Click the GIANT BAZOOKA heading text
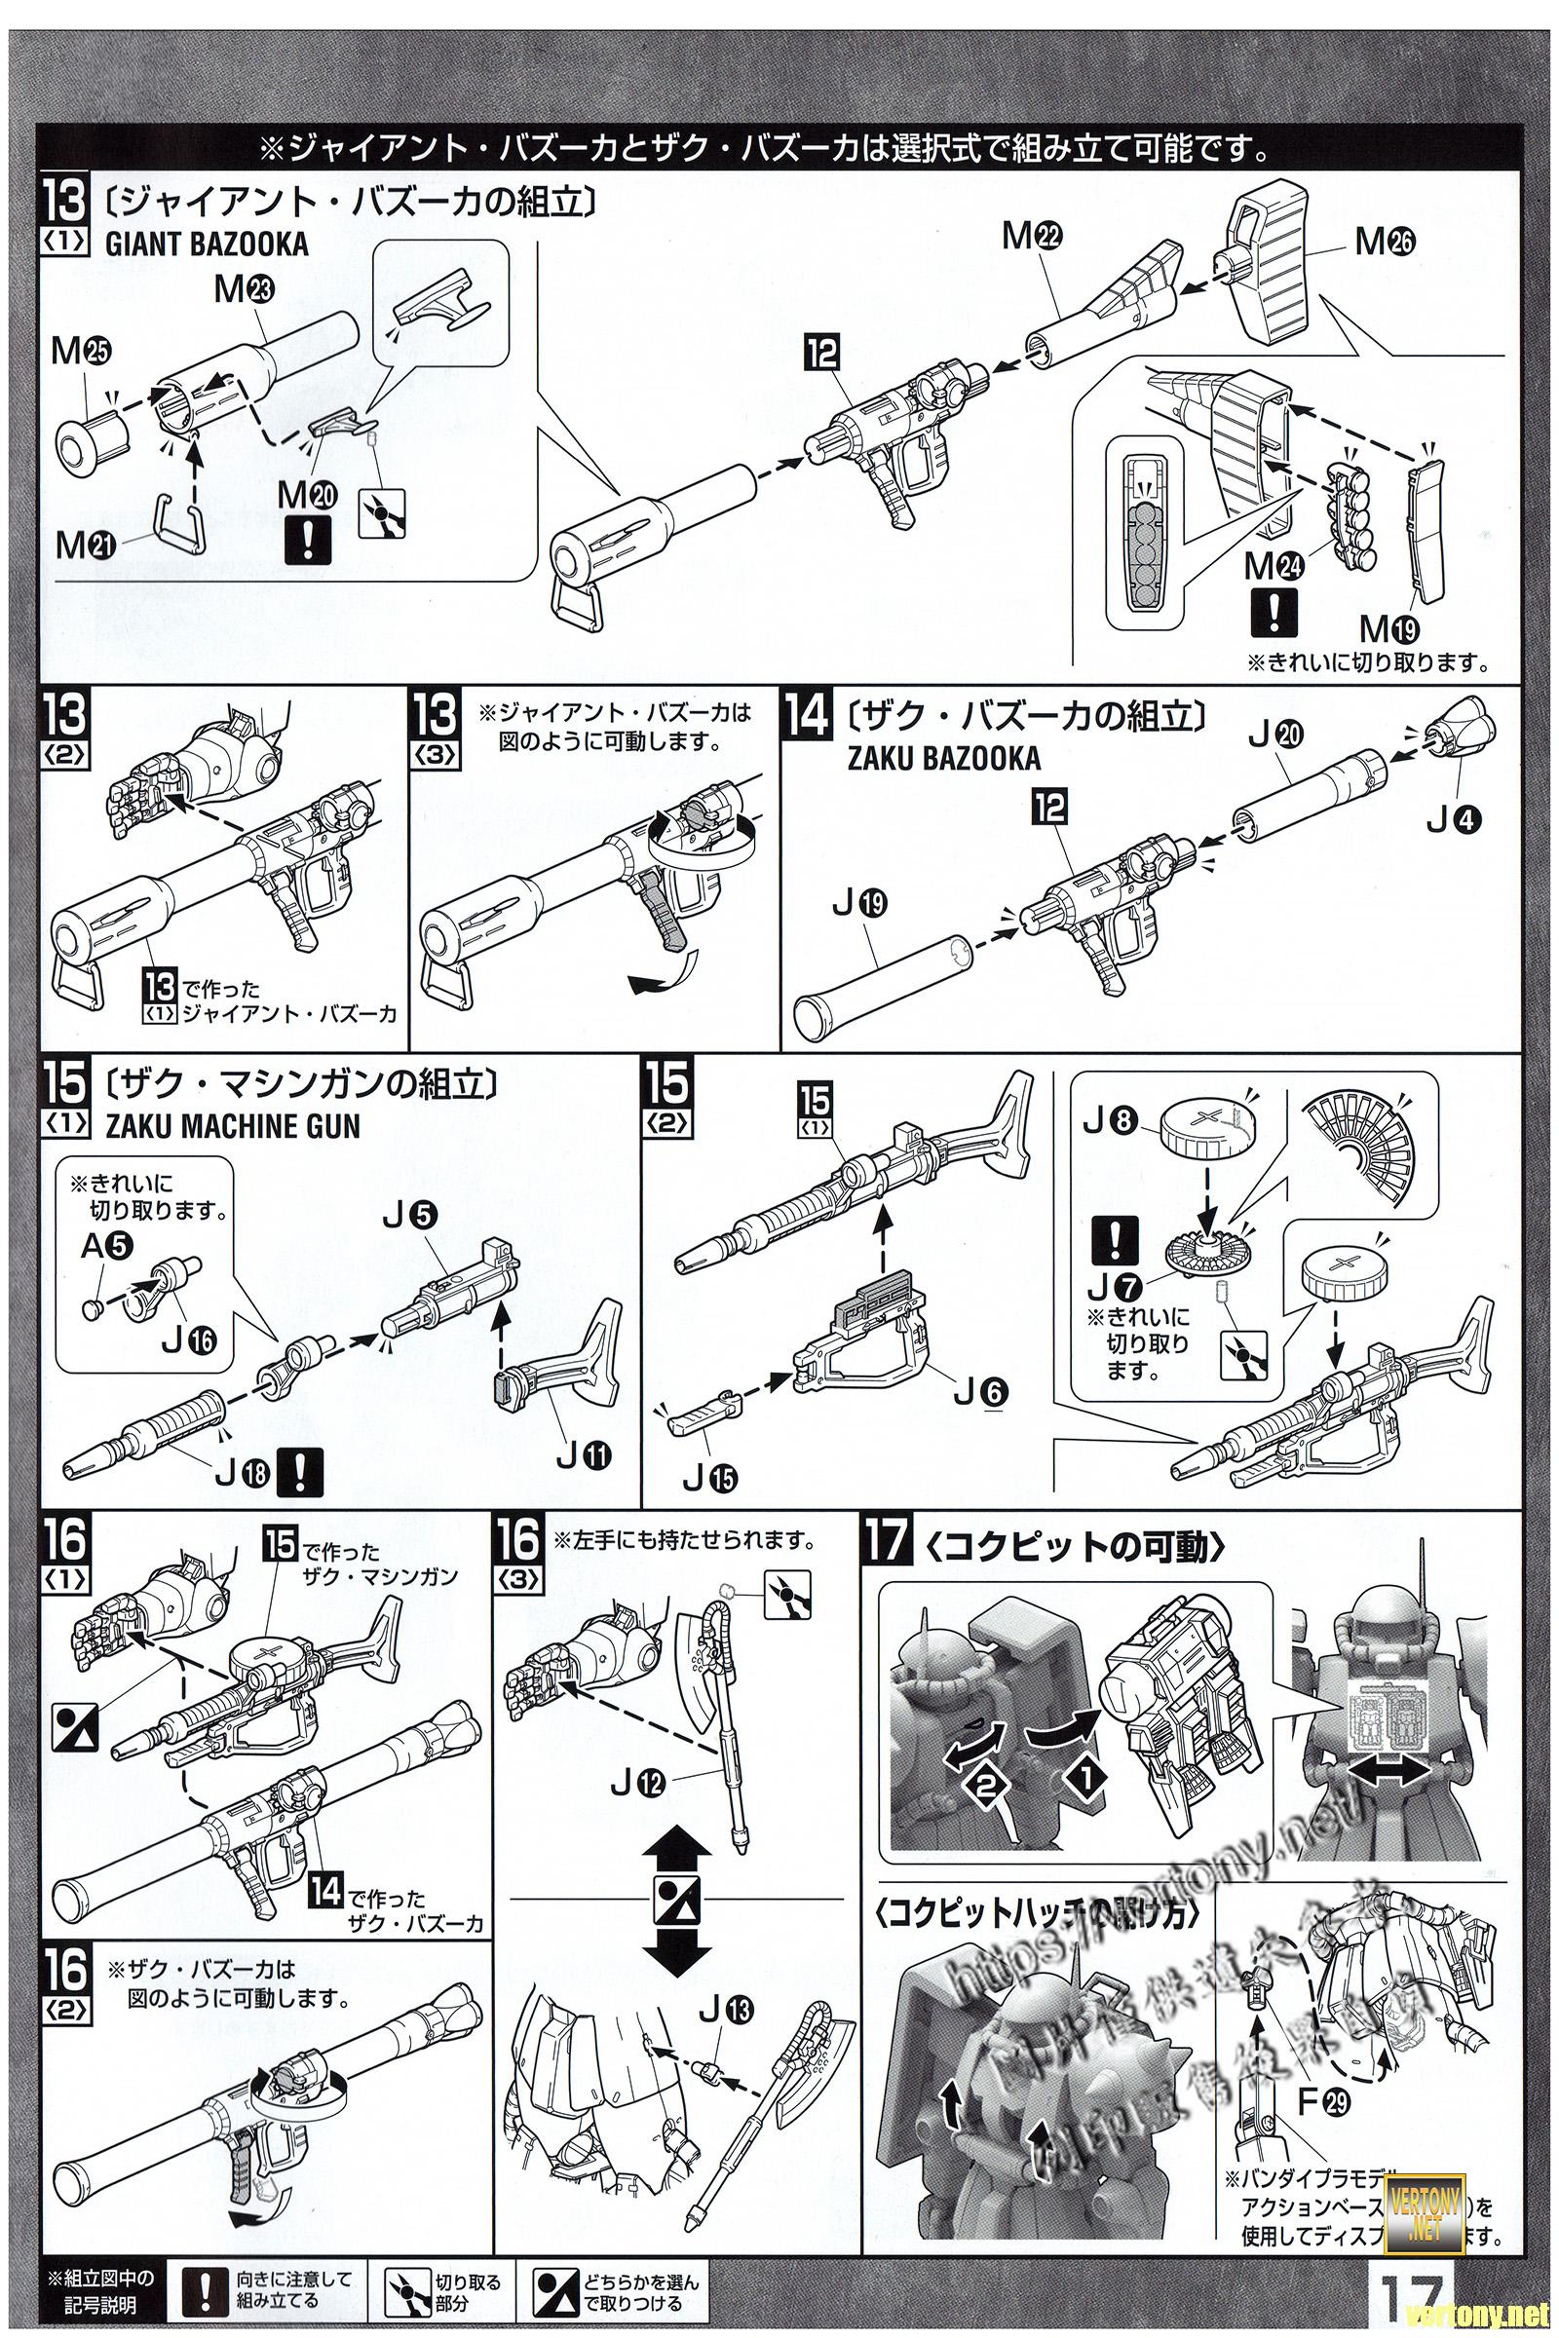[206, 245]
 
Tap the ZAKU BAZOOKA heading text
[943, 759]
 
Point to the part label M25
[83, 350]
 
